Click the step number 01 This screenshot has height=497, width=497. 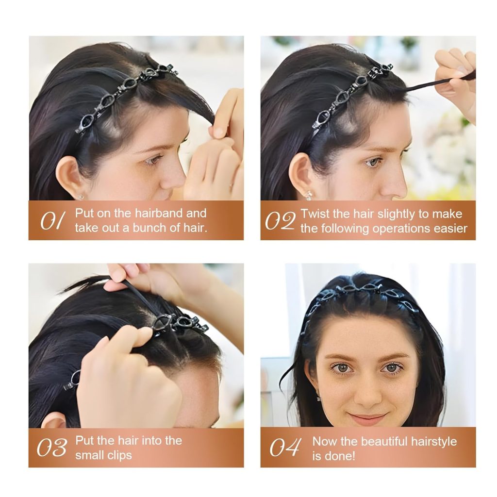(x=51, y=221)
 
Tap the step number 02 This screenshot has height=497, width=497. (x=280, y=221)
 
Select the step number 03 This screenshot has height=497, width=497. (x=51, y=448)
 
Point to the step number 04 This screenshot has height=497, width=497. (x=285, y=447)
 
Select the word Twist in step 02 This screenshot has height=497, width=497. (x=315, y=214)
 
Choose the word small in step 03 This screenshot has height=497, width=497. (x=89, y=456)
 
